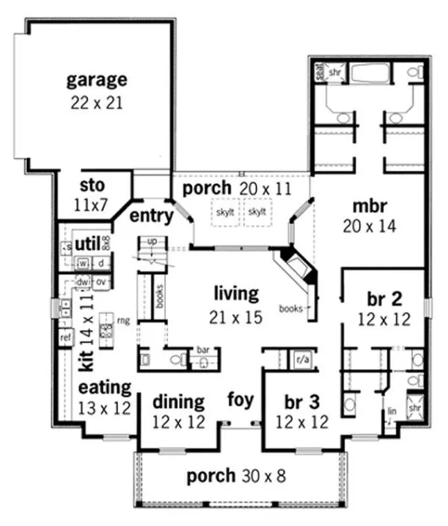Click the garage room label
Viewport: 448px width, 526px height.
click(96, 79)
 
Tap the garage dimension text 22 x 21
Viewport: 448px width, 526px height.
click(96, 102)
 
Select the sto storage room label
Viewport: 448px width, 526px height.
click(93, 185)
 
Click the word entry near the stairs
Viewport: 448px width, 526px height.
click(151, 215)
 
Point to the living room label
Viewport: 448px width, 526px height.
click(235, 294)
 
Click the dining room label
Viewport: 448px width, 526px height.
click(179, 401)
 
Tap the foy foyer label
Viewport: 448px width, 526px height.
click(241, 398)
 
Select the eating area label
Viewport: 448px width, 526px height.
click(104, 387)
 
